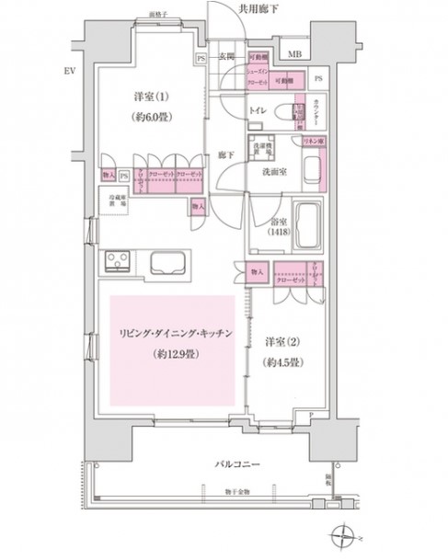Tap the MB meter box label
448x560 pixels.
(x=294, y=54)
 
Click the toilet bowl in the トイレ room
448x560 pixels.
(x=296, y=116)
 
